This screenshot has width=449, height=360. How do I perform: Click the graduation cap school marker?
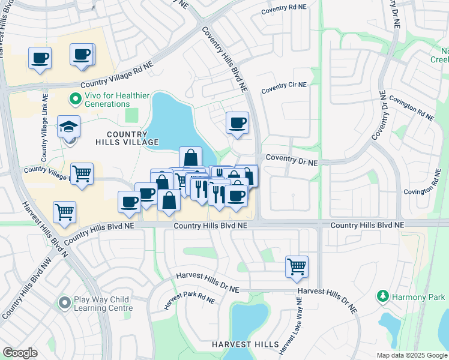point(68,127)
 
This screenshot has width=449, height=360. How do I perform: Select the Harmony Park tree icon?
point(382,296)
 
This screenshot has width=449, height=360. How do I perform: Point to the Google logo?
point(20,352)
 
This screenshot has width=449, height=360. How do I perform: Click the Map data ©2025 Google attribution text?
point(412,355)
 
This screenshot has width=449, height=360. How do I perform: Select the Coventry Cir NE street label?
point(283,88)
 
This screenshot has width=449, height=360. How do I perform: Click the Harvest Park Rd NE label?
point(189,300)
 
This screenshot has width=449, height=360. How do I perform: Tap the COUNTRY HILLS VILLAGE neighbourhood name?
point(127,138)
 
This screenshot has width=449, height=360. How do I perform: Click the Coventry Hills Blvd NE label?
point(224,59)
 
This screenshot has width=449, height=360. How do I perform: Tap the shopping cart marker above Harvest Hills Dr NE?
point(297,266)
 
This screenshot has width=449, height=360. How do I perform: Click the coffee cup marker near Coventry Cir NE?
point(237,122)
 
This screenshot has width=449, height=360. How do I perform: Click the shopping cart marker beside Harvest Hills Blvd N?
point(64,211)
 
